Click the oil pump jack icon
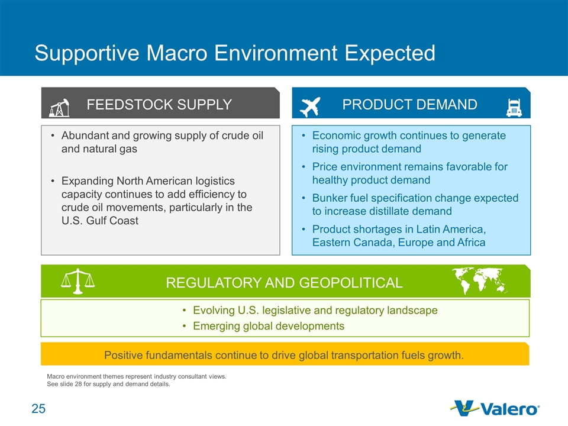[59, 108]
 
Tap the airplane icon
[311, 107]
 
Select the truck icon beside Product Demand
[514, 108]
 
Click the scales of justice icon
[78, 281]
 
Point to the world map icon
[479, 280]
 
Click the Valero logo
[495, 409]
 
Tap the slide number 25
[38, 409]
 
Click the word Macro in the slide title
[177, 53]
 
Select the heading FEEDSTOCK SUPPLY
[159, 105]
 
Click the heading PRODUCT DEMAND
[409, 105]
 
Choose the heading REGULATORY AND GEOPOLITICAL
[285, 283]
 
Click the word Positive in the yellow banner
[123, 356]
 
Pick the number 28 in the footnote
[78, 384]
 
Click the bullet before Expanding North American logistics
[53, 181]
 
